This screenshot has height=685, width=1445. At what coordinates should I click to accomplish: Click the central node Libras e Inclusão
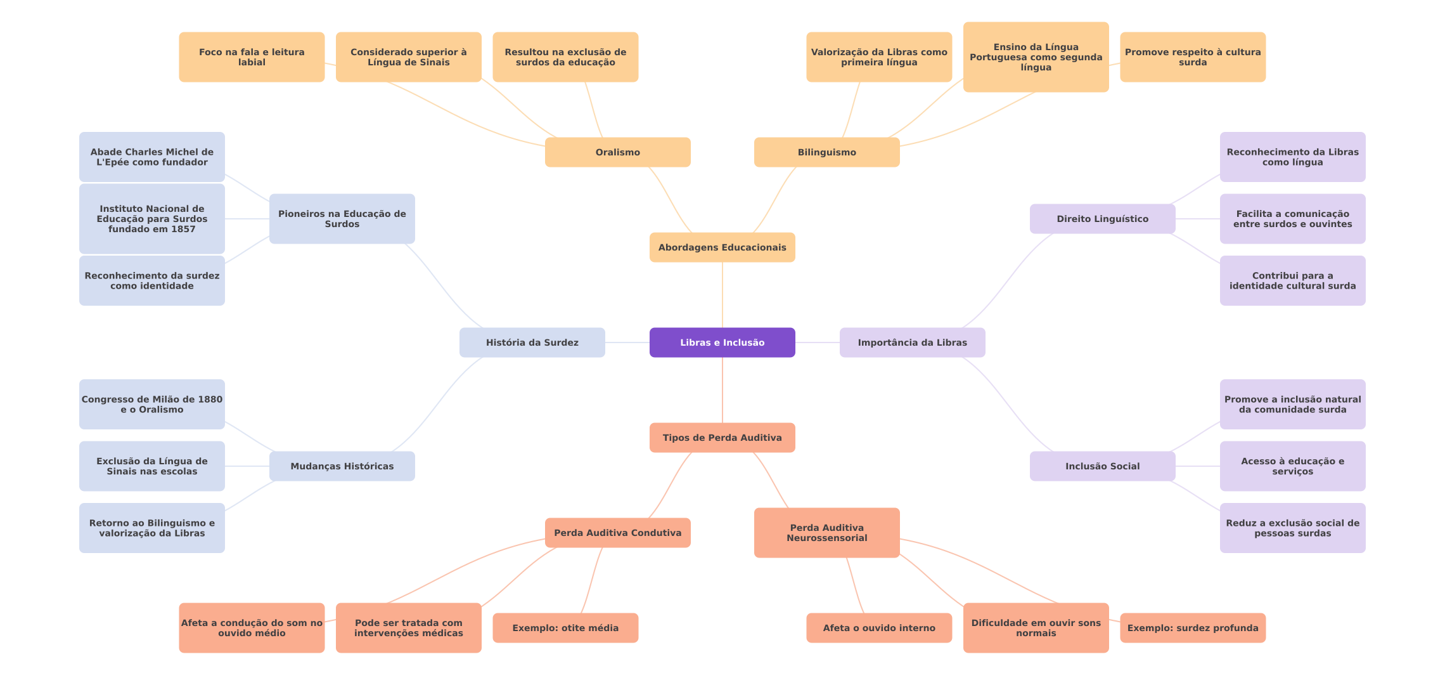point(722,342)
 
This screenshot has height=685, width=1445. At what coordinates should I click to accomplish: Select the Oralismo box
point(617,152)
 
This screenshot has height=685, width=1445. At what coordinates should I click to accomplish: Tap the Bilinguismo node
point(826,152)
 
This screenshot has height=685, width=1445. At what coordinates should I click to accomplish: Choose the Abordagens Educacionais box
point(722,247)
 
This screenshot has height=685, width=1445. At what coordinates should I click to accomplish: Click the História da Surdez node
point(532,342)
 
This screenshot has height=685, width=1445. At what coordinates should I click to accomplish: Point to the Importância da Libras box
point(912,342)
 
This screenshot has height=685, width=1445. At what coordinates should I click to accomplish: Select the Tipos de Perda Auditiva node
point(722,438)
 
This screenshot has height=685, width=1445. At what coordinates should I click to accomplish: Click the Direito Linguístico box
point(1102,219)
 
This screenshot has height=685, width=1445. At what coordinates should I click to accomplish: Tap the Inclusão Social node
point(1102,466)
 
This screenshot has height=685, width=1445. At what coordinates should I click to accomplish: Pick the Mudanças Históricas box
point(342,466)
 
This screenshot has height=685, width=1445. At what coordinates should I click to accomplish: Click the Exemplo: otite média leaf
point(565,628)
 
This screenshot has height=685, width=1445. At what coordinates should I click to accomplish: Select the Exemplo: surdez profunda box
point(1193,628)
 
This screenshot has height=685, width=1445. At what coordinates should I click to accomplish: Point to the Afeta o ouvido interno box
point(879,628)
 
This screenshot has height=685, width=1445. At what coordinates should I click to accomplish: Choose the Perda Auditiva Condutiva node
point(617,533)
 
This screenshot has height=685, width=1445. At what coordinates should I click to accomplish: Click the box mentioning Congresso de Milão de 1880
point(151,404)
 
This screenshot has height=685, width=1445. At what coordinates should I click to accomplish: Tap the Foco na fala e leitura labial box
point(252,57)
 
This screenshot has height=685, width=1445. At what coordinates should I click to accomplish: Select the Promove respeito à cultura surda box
point(1193,57)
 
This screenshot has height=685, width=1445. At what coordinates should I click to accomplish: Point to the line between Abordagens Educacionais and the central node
point(722,295)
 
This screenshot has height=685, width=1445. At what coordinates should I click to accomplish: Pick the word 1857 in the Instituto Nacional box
point(183,229)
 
